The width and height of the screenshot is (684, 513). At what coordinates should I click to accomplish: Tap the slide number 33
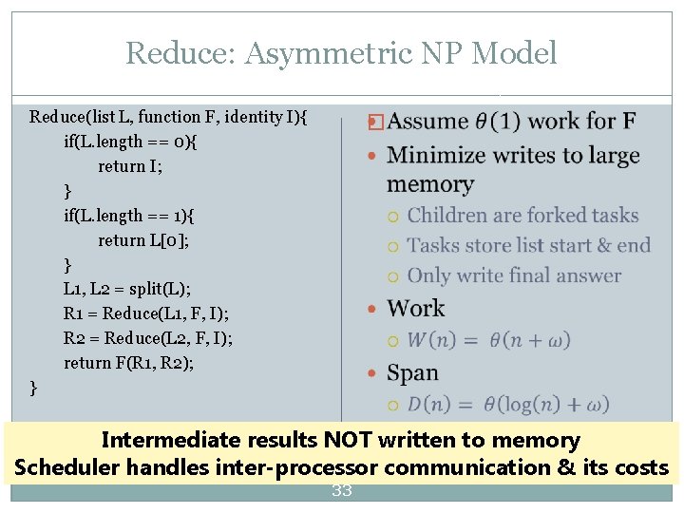coord(341,491)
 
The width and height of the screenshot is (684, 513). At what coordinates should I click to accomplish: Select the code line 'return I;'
coord(130,165)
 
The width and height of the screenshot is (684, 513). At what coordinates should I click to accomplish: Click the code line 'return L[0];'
coord(142,239)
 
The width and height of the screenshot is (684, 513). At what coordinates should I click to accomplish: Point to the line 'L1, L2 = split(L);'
coord(127,289)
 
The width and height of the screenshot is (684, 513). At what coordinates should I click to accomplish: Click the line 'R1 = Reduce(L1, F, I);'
coord(146,313)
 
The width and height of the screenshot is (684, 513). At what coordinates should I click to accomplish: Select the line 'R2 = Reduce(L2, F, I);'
coord(148,338)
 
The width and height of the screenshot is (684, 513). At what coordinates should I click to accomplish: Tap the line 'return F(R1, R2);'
coord(129,363)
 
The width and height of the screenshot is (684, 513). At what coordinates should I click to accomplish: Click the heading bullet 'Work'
coord(416,309)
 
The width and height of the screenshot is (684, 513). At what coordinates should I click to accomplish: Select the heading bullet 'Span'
coord(413,373)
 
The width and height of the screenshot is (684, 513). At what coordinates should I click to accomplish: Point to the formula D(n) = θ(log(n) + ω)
coord(508,405)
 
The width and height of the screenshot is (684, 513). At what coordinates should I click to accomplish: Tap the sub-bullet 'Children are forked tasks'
coord(522,216)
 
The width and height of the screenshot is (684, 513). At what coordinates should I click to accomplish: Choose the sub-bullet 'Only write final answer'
coord(514,276)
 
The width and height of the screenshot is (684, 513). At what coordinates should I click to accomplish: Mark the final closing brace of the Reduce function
coord(34,388)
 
